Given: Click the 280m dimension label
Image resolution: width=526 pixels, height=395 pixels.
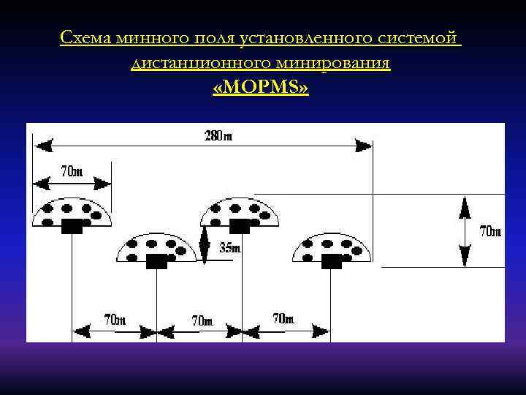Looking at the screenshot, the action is [x=218, y=135].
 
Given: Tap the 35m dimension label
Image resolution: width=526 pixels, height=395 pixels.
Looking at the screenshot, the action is [x=230, y=248].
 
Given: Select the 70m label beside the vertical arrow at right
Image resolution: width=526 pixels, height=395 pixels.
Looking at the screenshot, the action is [x=490, y=232].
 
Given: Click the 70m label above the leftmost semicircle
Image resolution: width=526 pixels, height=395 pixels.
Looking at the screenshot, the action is [x=72, y=173].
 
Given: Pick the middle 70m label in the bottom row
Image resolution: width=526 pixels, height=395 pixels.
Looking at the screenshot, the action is [x=202, y=320].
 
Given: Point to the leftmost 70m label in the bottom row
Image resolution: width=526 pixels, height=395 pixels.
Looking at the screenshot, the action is [x=115, y=320].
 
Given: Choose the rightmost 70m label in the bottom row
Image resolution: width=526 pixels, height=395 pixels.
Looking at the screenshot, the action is [x=283, y=319].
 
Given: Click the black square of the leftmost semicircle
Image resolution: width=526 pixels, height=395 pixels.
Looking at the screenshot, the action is [x=72, y=226].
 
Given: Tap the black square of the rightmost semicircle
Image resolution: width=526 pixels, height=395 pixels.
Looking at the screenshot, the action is [x=332, y=261].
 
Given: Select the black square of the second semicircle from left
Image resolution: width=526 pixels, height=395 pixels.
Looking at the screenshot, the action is [x=157, y=261].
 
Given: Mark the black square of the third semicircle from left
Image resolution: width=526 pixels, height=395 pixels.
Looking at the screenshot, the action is [x=240, y=226].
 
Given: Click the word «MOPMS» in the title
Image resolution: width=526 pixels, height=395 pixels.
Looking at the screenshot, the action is [x=261, y=89].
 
